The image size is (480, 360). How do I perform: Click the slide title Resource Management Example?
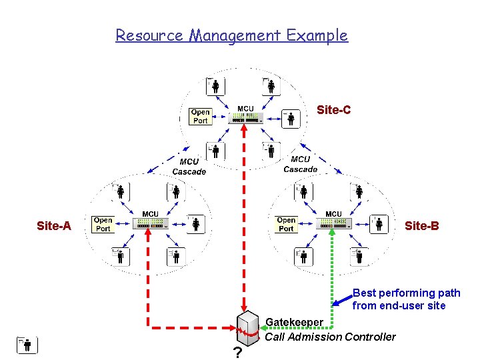click(231, 35)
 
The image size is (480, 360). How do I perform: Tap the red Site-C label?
click(333, 110)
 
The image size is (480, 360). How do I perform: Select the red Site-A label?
click(54, 226)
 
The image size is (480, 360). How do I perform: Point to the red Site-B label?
click(421, 226)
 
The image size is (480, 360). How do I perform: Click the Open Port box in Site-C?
click(200, 117)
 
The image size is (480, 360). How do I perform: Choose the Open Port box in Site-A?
click(103, 224)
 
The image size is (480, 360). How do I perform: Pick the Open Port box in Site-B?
click(286, 224)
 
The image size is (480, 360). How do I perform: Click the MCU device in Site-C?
click(245, 118)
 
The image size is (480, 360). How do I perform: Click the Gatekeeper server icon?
click(247, 329)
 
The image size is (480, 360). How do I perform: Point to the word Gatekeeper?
click(294, 323)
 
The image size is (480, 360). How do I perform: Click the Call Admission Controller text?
click(330, 337)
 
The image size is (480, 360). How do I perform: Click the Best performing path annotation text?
click(406, 299)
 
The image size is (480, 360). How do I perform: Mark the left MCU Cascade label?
click(189, 167)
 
